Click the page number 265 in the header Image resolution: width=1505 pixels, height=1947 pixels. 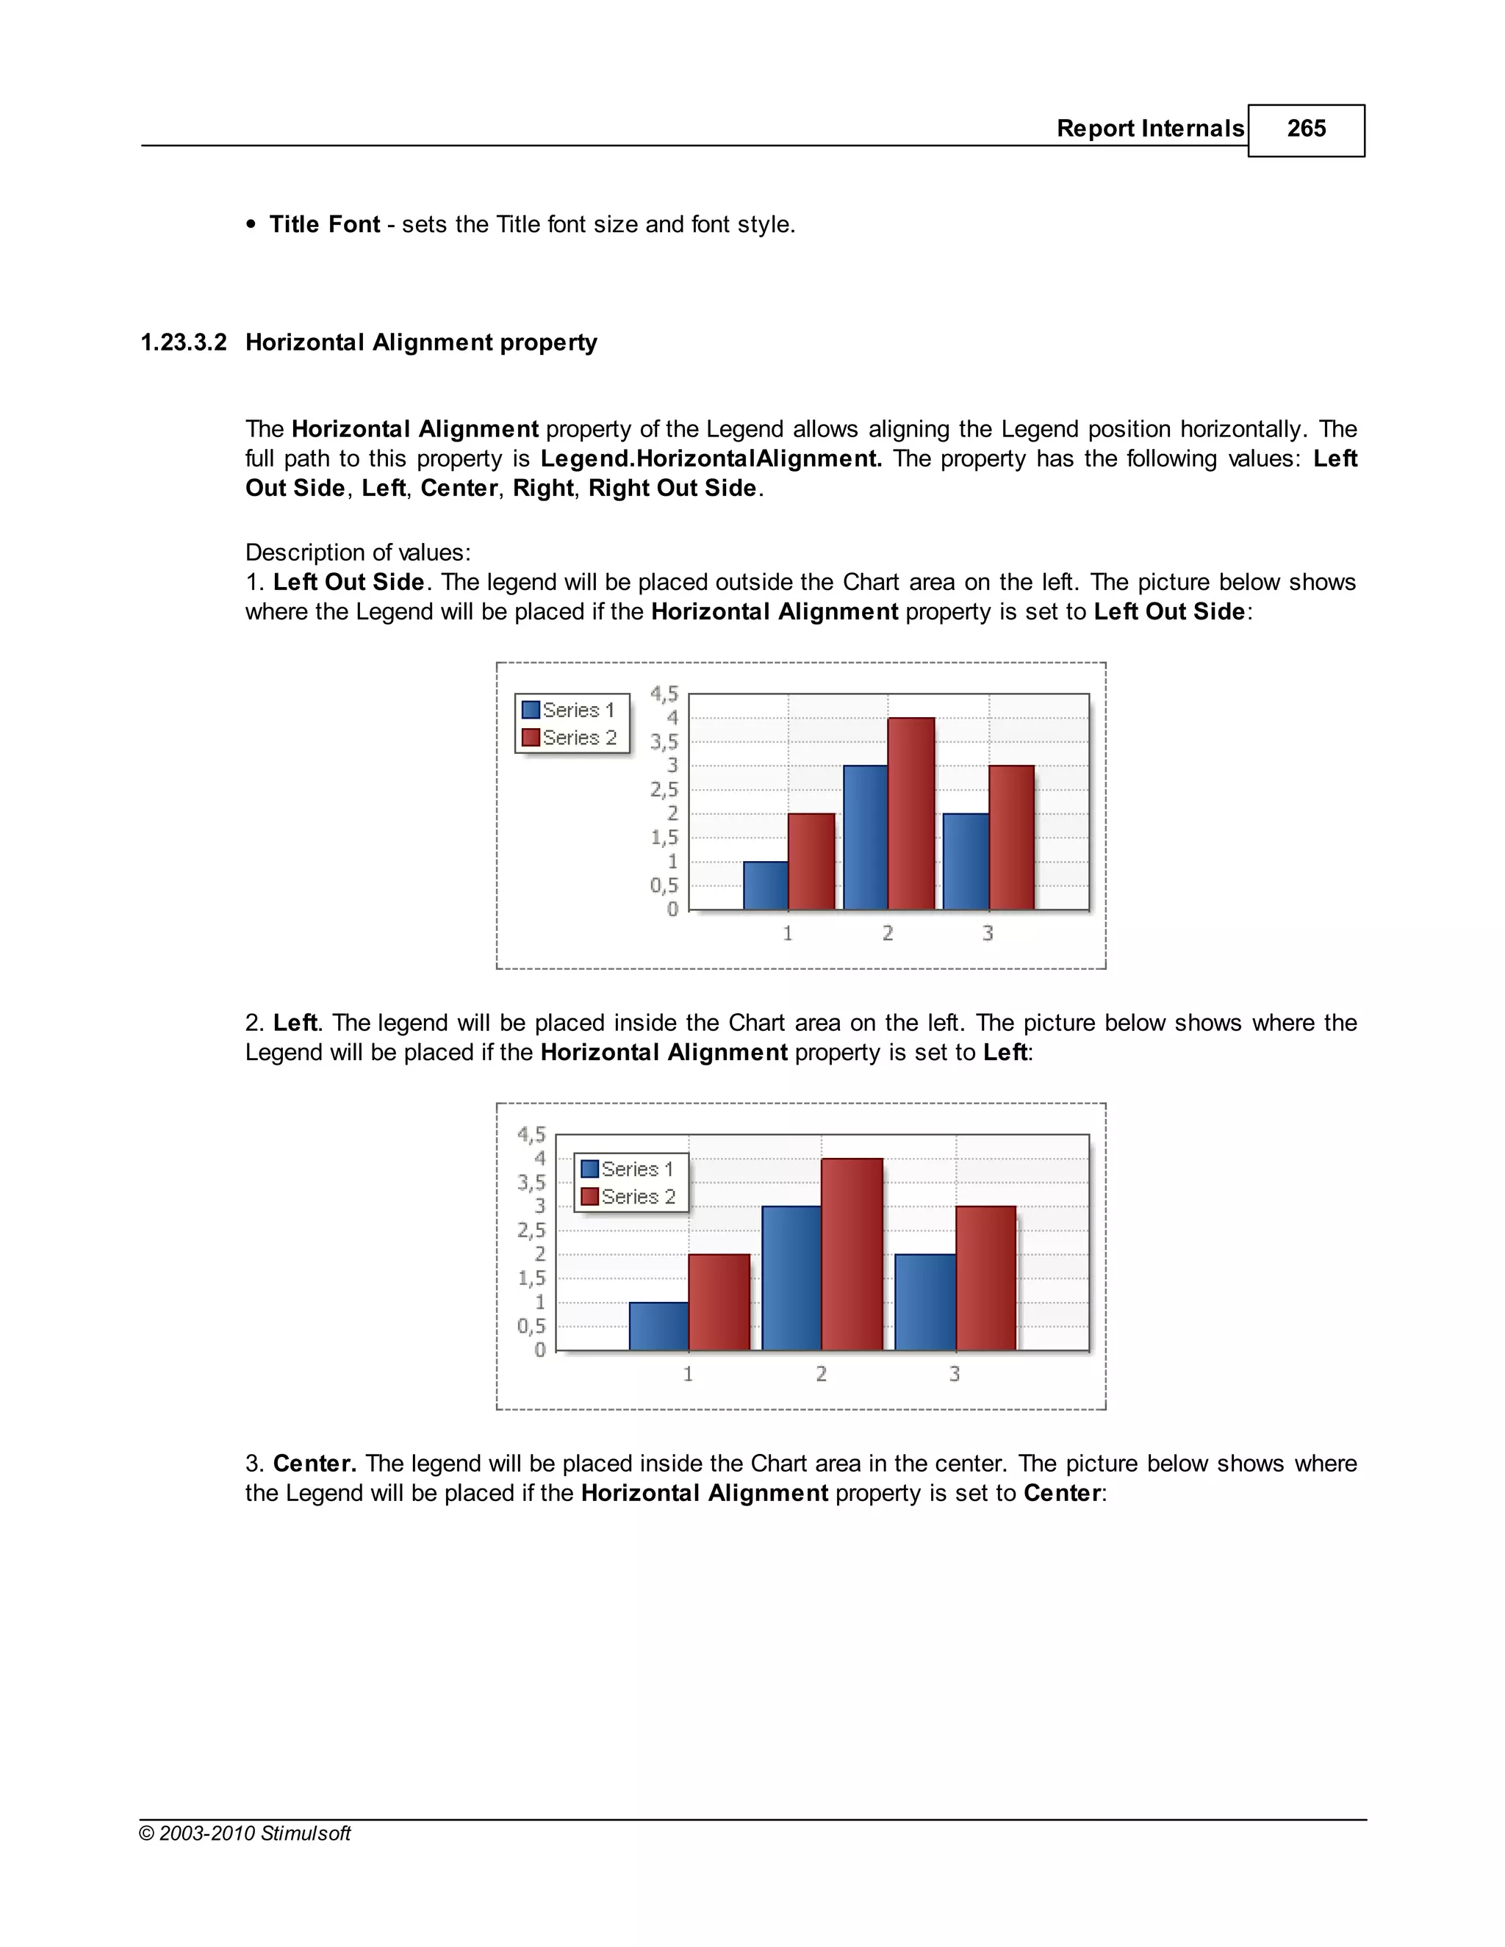point(1305,129)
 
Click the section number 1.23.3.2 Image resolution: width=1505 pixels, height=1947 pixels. point(184,343)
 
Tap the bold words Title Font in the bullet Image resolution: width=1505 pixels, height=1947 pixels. point(325,225)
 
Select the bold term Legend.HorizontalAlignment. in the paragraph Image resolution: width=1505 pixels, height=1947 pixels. point(711,459)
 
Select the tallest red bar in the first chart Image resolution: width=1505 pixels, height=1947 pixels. point(911,813)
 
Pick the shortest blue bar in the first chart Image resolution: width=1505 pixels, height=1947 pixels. point(765,885)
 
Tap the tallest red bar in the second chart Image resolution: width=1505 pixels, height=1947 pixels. point(852,1253)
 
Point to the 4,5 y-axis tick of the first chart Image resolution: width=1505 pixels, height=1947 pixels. point(664,694)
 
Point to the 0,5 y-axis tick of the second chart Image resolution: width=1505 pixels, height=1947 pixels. point(531,1325)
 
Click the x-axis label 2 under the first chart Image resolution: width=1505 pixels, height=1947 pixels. point(888,933)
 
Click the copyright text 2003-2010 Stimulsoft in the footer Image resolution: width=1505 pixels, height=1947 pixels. point(254,1834)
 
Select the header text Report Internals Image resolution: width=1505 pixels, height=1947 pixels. point(1149,129)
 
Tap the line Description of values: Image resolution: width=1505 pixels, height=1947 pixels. point(358,553)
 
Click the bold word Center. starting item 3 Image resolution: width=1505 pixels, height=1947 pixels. point(315,1464)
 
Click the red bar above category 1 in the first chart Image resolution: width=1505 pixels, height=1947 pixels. point(811,861)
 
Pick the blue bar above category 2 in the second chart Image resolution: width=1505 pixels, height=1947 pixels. point(791,1278)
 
